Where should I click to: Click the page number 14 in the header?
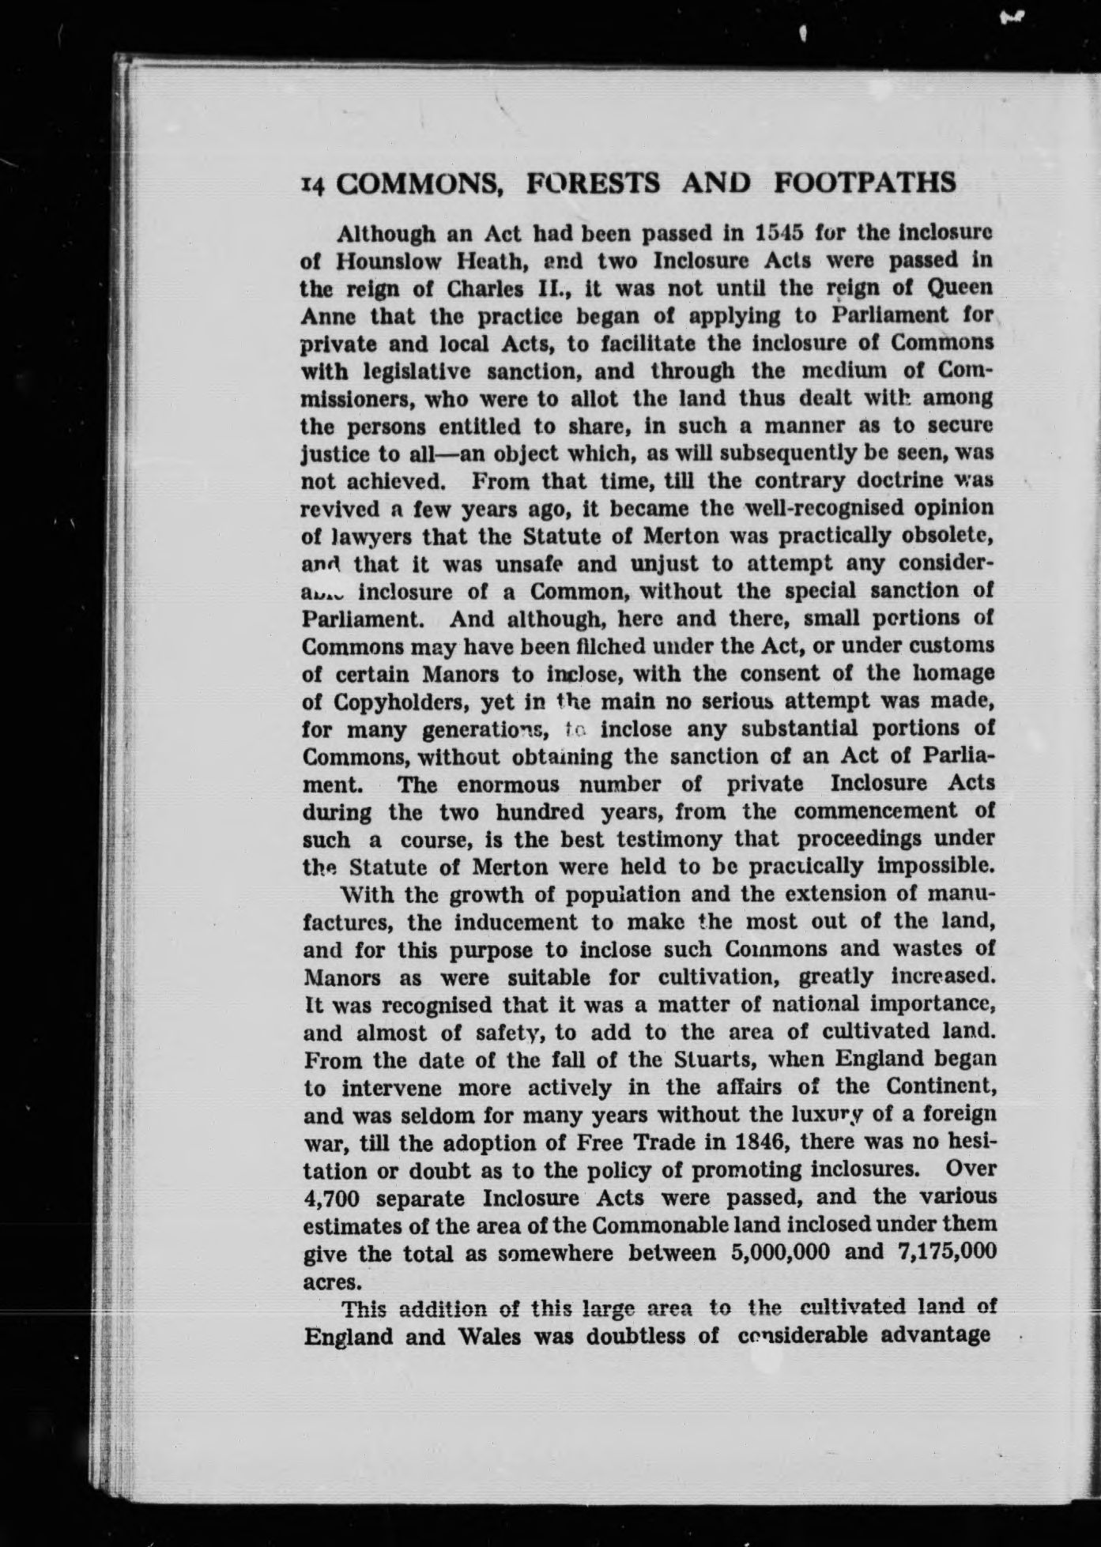point(314,186)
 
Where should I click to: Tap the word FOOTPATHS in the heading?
point(864,183)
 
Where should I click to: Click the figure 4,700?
point(332,1199)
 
